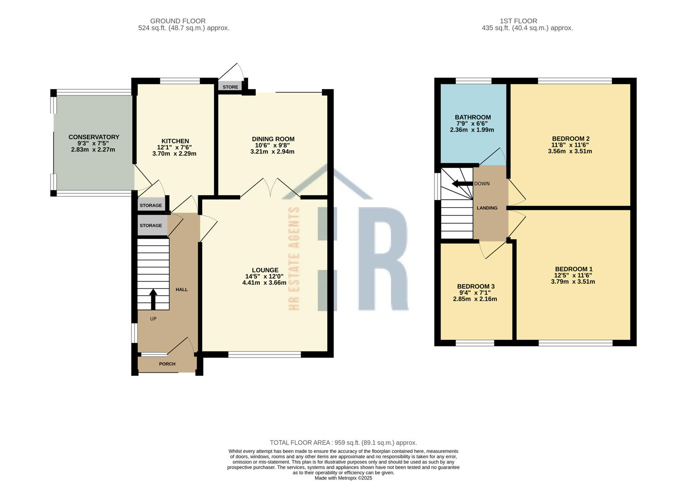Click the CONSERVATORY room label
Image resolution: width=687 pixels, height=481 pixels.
pyautogui.click(x=94, y=137)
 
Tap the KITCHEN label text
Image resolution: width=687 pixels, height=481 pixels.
pyautogui.click(x=175, y=141)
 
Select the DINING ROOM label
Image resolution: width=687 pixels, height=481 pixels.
pyautogui.click(x=273, y=139)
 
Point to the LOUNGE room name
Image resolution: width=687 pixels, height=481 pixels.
pyautogui.click(x=265, y=270)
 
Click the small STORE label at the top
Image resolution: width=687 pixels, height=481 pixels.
pyautogui.click(x=230, y=87)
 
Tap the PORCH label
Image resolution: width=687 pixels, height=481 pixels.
pyautogui.click(x=167, y=364)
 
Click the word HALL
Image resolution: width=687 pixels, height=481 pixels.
pyautogui.click(x=182, y=289)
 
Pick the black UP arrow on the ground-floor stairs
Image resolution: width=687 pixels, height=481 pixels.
pyautogui.click(x=153, y=299)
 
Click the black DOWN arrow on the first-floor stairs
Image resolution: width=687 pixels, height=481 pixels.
pyautogui.click(x=462, y=183)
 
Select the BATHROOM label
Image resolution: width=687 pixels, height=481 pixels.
pyautogui.click(x=473, y=118)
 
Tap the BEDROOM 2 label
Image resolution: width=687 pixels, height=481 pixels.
pyautogui.click(x=571, y=139)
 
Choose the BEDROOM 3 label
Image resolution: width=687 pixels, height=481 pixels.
pyautogui.click(x=476, y=286)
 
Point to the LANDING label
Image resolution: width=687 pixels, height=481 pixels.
pyautogui.click(x=487, y=208)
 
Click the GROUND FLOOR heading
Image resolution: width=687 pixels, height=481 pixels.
pyautogui.click(x=178, y=21)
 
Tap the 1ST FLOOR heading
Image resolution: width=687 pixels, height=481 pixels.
pyautogui.click(x=518, y=21)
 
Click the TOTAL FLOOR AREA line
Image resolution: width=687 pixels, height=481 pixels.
pyautogui.click(x=343, y=443)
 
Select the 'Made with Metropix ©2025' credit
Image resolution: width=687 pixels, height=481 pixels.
pyautogui.click(x=343, y=478)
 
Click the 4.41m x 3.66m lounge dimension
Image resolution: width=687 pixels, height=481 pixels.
pyautogui.click(x=264, y=283)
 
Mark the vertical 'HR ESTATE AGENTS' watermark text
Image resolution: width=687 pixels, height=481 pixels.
pyautogui.click(x=294, y=258)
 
